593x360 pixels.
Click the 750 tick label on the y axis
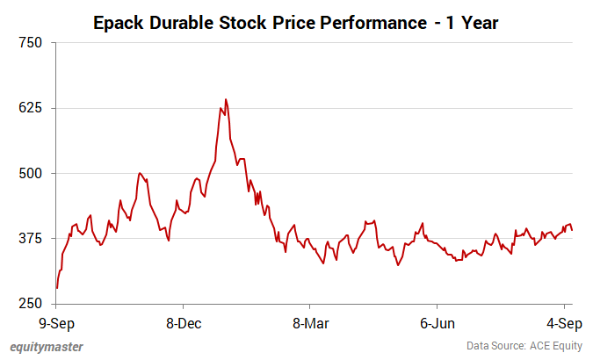pos(31,42)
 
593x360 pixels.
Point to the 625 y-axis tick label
pos(31,108)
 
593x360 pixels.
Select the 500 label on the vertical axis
pos(31,173)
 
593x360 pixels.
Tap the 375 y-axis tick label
pos(31,239)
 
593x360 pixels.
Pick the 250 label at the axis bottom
pos(31,304)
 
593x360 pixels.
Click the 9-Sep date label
pos(56,323)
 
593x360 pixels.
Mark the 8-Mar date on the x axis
pos(309,323)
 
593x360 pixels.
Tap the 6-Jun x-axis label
pos(437,323)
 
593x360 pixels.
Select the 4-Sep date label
pos(562,323)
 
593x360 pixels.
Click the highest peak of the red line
pos(225,99)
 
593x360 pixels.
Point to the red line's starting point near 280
pos(57,287)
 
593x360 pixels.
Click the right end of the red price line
pos(573,230)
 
